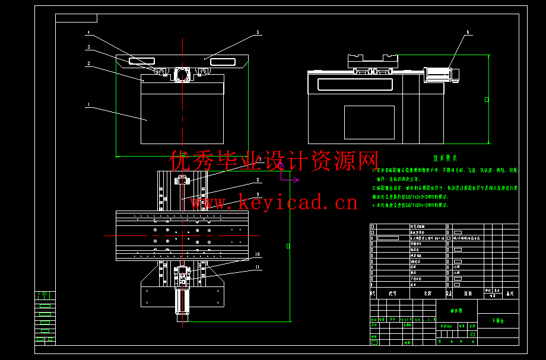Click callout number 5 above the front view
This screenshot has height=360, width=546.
(x=258, y=32)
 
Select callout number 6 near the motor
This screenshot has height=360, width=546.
(x=467, y=32)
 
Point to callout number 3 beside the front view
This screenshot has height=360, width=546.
(x=88, y=47)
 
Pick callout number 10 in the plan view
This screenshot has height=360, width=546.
(x=258, y=254)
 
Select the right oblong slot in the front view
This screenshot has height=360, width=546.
(x=220, y=61)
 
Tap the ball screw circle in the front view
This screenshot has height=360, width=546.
(x=182, y=75)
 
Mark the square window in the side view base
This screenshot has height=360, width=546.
(x=369, y=122)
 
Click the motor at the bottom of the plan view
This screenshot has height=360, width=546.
(x=182, y=301)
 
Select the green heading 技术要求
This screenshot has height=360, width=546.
(x=445, y=158)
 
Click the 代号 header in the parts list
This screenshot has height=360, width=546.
(x=392, y=293)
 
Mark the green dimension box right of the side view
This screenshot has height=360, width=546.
(x=487, y=100)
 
